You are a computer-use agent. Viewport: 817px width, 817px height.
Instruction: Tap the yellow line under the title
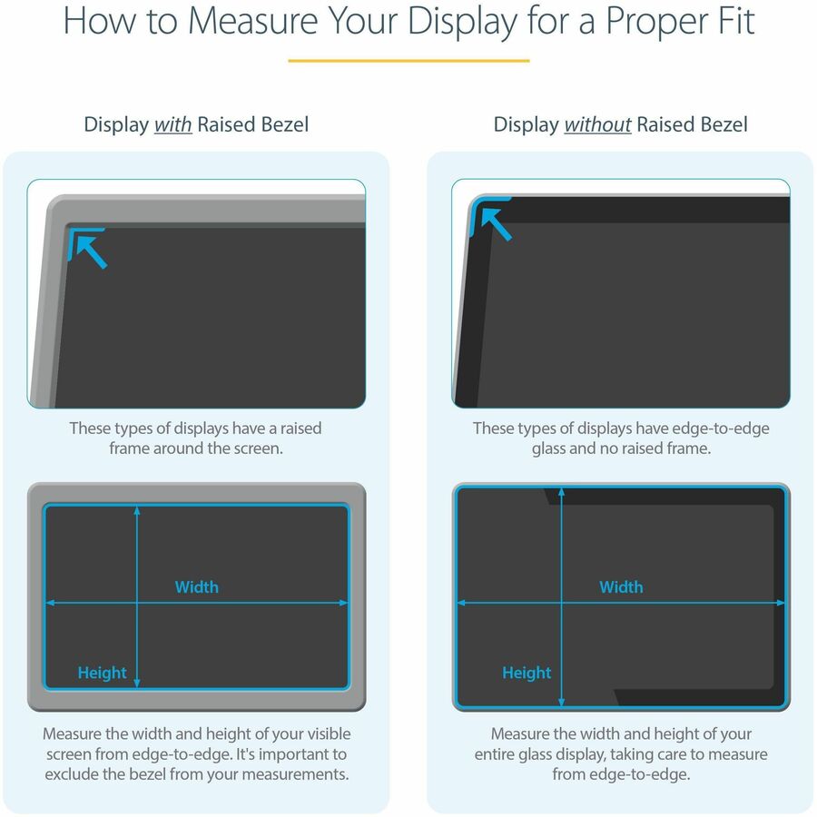[408, 61]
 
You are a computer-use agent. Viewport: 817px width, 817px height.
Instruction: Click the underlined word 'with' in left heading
[172, 124]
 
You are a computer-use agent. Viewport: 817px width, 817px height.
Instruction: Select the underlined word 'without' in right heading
[597, 124]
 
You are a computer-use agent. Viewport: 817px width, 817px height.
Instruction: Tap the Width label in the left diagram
[197, 587]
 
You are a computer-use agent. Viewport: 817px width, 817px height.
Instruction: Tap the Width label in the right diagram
[621, 587]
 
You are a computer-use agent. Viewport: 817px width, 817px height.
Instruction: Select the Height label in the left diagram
[102, 673]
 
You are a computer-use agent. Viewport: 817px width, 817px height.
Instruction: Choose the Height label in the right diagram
[527, 673]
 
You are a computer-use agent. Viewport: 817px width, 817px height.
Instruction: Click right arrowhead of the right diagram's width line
[782, 602]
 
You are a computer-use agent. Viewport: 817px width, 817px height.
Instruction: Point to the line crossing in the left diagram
[137, 602]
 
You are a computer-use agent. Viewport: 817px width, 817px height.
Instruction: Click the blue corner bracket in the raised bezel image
[80, 233]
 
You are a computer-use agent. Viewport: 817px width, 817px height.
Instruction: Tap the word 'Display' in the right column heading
[526, 124]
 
